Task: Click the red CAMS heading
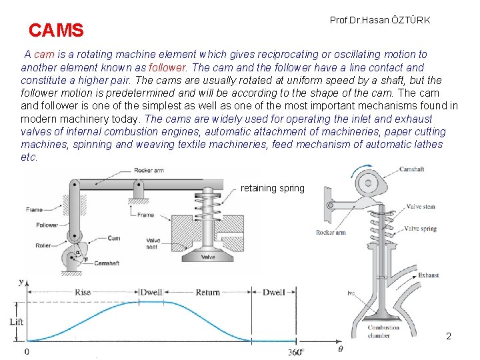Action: [x=56, y=30]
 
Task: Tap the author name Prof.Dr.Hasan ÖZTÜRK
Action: [x=380, y=20]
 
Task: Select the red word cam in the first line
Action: [x=44, y=54]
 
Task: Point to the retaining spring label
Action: [x=272, y=188]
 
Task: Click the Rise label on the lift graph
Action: [x=83, y=292]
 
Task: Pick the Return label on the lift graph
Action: [x=207, y=292]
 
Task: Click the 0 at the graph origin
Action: [x=27, y=351]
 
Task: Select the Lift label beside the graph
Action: [x=17, y=321]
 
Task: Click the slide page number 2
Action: [x=449, y=336]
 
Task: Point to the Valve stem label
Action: [x=421, y=207]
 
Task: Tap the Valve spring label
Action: [x=421, y=228]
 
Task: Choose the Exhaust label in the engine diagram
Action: [x=428, y=275]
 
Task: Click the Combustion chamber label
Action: [x=383, y=331]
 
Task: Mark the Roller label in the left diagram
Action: [x=43, y=245]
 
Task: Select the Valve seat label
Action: [x=153, y=244]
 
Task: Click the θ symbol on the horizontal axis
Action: [x=341, y=349]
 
